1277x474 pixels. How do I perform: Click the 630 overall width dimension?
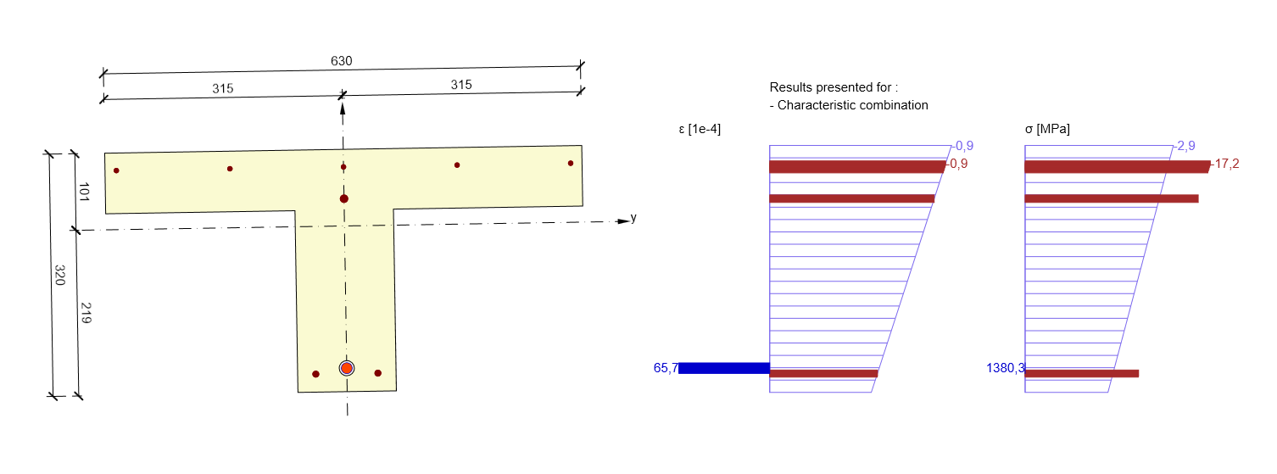point(342,61)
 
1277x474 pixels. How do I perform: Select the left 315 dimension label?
point(223,88)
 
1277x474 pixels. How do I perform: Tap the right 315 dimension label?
point(461,85)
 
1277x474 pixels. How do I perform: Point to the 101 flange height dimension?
point(84,192)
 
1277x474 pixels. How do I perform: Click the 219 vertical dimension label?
point(86,313)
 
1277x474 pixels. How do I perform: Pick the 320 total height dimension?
point(60,275)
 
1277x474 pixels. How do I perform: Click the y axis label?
point(633,218)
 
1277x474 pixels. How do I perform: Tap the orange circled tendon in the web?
point(347,368)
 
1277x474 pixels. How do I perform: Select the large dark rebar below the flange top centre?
point(343,198)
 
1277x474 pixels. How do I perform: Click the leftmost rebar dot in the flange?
point(116,170)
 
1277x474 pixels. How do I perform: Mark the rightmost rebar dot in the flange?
point(571,163)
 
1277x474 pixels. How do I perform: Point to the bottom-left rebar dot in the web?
point(315,374)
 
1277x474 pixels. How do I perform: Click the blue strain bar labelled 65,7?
point(724,368)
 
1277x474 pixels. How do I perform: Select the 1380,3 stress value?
point(1006,368)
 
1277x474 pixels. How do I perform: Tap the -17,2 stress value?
point(1225,165)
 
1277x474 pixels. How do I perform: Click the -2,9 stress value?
point(1185,146)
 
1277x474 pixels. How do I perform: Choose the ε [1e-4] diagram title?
point(700,130)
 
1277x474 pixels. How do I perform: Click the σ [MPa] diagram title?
point(1047,129)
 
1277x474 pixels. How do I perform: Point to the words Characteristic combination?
point(853,105)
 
